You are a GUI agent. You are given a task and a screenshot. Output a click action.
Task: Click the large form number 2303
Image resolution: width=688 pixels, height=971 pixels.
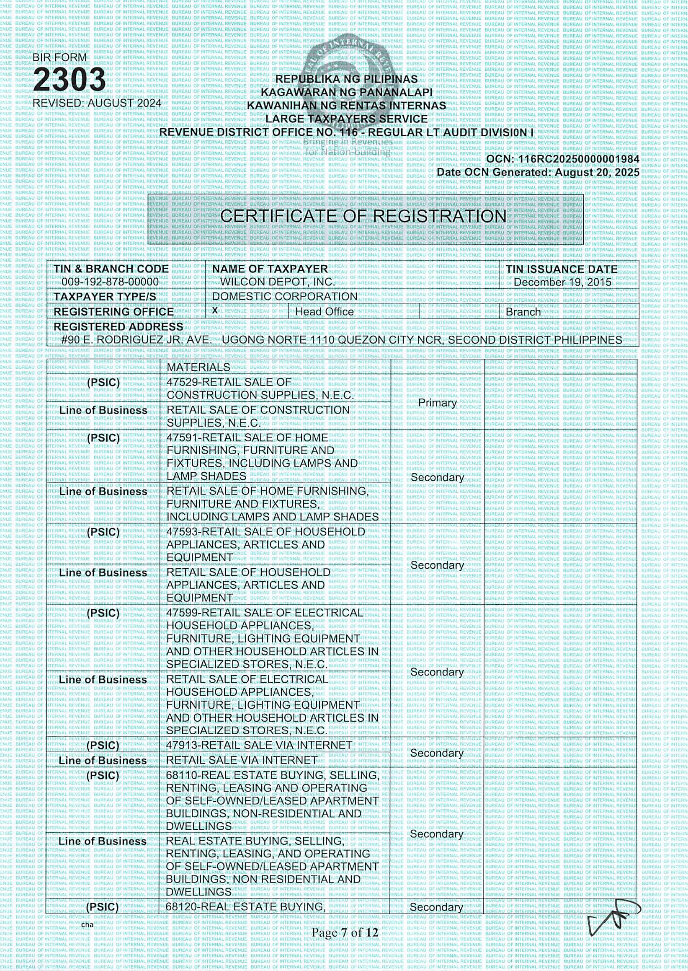(x=70, y=79)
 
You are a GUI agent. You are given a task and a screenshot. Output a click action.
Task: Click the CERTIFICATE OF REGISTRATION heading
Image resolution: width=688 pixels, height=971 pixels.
(x=363, y=216)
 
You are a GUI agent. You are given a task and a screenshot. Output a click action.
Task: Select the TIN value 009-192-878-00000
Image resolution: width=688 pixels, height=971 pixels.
(x=110, y=282)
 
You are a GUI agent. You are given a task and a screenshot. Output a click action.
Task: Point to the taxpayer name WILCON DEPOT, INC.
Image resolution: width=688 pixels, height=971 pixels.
(x=278, y=282)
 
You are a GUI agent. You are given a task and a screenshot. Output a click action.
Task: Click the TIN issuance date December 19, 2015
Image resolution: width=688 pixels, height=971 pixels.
(x=562, y=282)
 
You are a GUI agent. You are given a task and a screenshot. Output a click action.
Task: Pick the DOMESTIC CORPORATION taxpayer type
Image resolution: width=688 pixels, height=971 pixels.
(x=285, y=296)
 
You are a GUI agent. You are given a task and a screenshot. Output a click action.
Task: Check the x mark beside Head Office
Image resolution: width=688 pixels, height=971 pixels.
(x=215, y=311)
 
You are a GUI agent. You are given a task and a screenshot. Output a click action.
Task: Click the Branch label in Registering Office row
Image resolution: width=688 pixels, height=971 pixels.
(x=523, y=312)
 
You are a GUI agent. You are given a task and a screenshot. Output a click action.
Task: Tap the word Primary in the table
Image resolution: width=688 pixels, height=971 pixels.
(x=437, y=403)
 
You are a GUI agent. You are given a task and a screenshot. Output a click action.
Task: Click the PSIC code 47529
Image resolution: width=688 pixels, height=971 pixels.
(x=181, y=382)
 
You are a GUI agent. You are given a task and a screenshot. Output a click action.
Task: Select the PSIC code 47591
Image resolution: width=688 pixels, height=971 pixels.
(x=181, y=438)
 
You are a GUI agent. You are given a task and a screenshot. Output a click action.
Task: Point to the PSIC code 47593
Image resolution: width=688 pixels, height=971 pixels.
(x=181, y=532)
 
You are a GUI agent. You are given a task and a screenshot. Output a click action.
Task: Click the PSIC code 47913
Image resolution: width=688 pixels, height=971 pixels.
(x=181, y=745)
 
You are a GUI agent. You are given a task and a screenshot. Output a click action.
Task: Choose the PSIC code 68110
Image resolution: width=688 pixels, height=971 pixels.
(x=181, y=775)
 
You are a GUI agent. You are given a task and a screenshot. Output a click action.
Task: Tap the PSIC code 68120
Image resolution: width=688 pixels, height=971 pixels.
(x=181, y=907)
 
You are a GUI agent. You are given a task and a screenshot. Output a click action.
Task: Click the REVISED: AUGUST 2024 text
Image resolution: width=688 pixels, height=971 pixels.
(x=97, y=103)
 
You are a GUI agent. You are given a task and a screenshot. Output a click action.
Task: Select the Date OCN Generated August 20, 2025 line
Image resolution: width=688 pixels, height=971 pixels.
(x=538, y=173)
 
